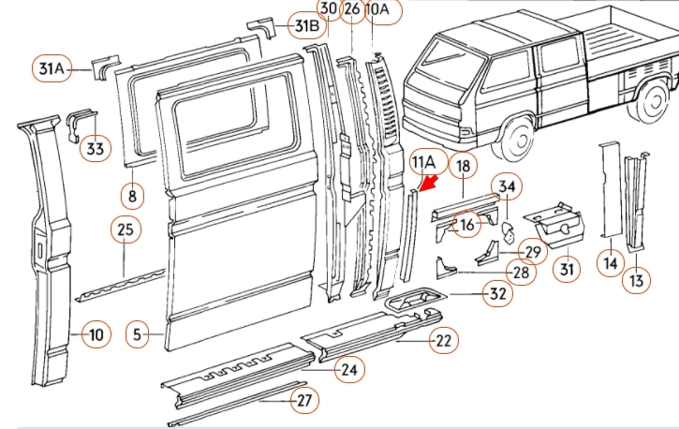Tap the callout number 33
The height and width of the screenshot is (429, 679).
click(96, 147)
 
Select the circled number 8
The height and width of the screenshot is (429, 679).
click(133, 196)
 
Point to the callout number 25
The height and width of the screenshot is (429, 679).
click(126, 229)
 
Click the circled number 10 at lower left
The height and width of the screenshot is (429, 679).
click(97, 334)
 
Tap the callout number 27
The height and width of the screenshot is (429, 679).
click(303, 401)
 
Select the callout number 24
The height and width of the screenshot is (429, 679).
click(348, 371)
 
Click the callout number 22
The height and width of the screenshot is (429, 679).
click(443, 342)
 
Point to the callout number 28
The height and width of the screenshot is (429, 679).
click(521, 273)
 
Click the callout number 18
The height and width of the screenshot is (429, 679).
click(463, 168)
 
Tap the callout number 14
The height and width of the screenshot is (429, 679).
click(612, 265)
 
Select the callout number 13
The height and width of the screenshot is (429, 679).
click(637, 280)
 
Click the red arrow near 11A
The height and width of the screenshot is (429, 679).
click(430, 182)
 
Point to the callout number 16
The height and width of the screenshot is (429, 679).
click(465, 224)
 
